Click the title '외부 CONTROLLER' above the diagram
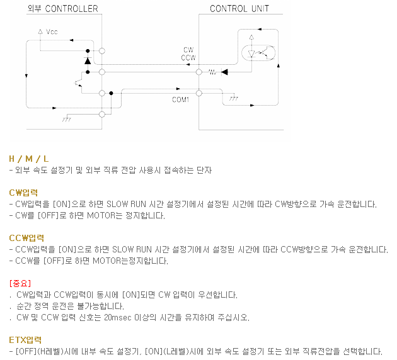point(62,9)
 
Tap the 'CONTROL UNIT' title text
point(239,9)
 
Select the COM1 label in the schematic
point(180,99)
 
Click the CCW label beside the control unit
point(188,58)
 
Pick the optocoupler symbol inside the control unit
point(258,53)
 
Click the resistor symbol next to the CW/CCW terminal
point(212,72)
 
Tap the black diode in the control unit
point(224,72)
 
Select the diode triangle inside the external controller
point(88,61)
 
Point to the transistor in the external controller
point(79,83)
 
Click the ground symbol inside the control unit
point(233,98)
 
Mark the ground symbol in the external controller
point(67,119)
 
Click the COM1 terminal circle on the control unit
point(199,93)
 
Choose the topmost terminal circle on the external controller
point(102,51)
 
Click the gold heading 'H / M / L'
point(28,159)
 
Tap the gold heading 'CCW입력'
point(26,238)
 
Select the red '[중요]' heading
point(20,283)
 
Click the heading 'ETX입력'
point(25,340)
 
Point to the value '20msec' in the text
point(118,317)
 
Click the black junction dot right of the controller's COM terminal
point(111,93)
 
